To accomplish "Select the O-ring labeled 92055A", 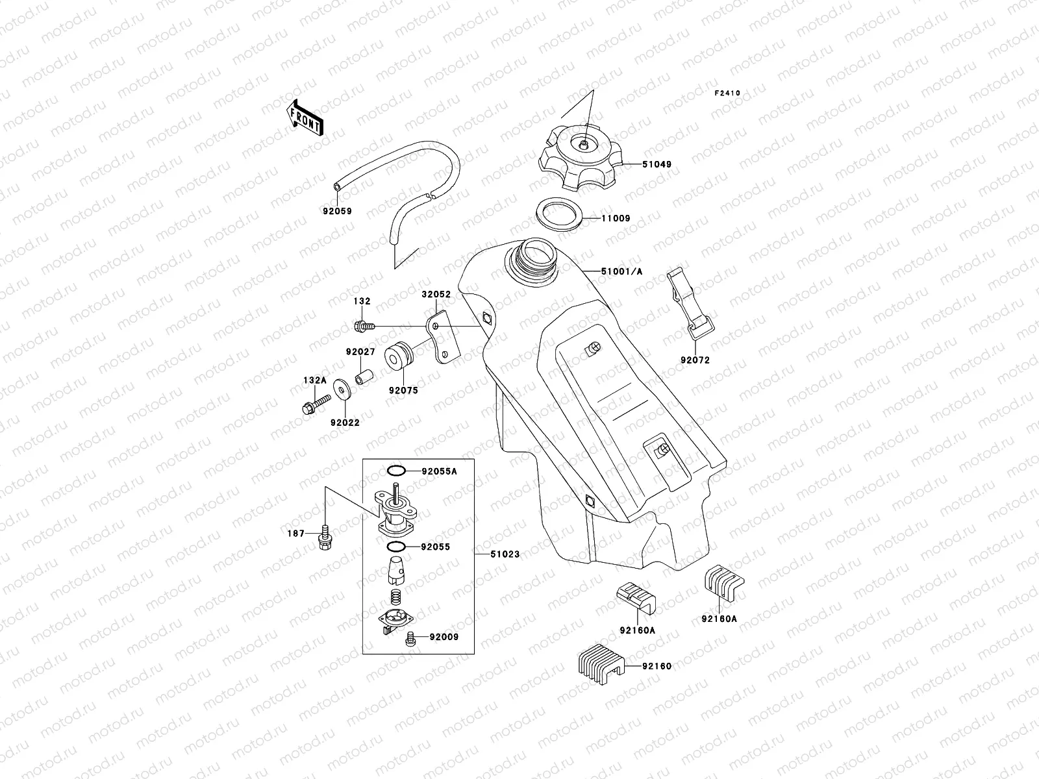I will click(397, 471).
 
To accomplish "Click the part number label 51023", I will click(505, 554).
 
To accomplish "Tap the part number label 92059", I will click(336, 211).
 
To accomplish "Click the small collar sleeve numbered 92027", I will click(364, 377).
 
